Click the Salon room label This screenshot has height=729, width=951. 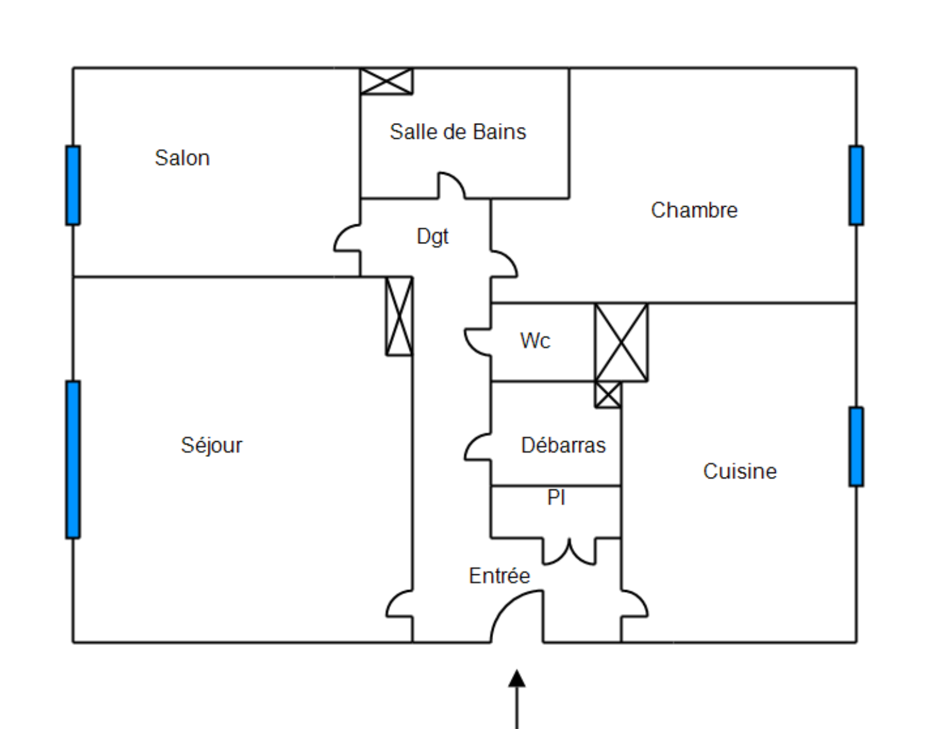tap(182, 158)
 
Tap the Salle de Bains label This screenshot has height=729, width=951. tap(458, 132)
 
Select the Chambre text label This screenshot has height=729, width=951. tap(694, 210)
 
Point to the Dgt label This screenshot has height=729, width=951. tap(433, 236)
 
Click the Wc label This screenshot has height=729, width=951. tap(535, 341)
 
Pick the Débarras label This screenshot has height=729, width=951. tap(563, 445)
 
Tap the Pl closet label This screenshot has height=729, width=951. tap(556, 497)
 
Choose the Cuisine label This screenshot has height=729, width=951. tap(740, 471)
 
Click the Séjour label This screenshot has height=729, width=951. tap(212, 445)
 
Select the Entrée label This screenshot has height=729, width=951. tap(499, 576)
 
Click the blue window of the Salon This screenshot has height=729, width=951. tap(73, 185)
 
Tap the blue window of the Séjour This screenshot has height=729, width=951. tap(73, 459)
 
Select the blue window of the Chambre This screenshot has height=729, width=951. tap(856, 185)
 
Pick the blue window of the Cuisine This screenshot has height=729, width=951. tap(856, 447)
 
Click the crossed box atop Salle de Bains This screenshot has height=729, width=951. tap(386, 81)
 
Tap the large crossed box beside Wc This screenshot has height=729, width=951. tap(621, 342)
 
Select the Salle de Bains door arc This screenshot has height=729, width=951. tap(451, 184)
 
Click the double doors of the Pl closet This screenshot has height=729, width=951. tap(569, 552)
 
